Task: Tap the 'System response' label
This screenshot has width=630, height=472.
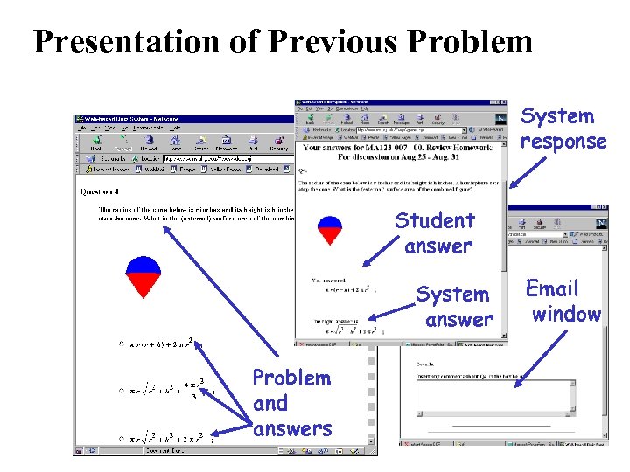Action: tap(563, 128)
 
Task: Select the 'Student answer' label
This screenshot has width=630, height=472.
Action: tap(436, 233)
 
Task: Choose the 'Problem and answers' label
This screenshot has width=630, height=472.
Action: tap(291, 403)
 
